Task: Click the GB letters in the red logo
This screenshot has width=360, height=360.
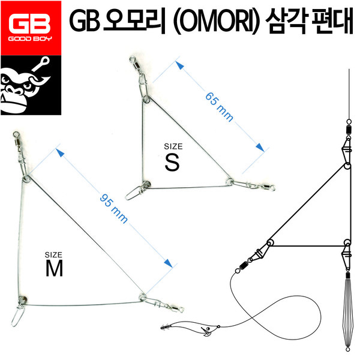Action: [x=29, y=23]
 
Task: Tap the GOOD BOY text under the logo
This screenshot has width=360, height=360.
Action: [x=30, y=38]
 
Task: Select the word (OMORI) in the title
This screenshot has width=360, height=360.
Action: [x=216, y=22]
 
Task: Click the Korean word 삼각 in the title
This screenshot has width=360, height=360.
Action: [x=286, y=21]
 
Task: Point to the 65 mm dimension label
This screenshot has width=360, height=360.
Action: [x=219, y=107]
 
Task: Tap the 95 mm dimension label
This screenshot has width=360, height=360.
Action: [x=113, y=209]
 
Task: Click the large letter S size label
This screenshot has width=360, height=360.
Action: [x=172, y=163]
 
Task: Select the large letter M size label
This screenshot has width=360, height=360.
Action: [x=54, y=268]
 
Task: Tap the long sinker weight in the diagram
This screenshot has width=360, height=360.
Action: [x=347, y=312]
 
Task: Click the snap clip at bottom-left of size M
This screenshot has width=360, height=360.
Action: [x=18, y=315]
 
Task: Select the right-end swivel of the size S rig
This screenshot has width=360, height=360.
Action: [x=268, y=187]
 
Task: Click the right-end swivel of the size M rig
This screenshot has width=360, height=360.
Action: [x=178, y=309]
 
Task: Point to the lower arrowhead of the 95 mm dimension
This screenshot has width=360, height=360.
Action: [x=169, y=263]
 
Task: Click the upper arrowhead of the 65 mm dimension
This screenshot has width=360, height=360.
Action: [x=180, y=65]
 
